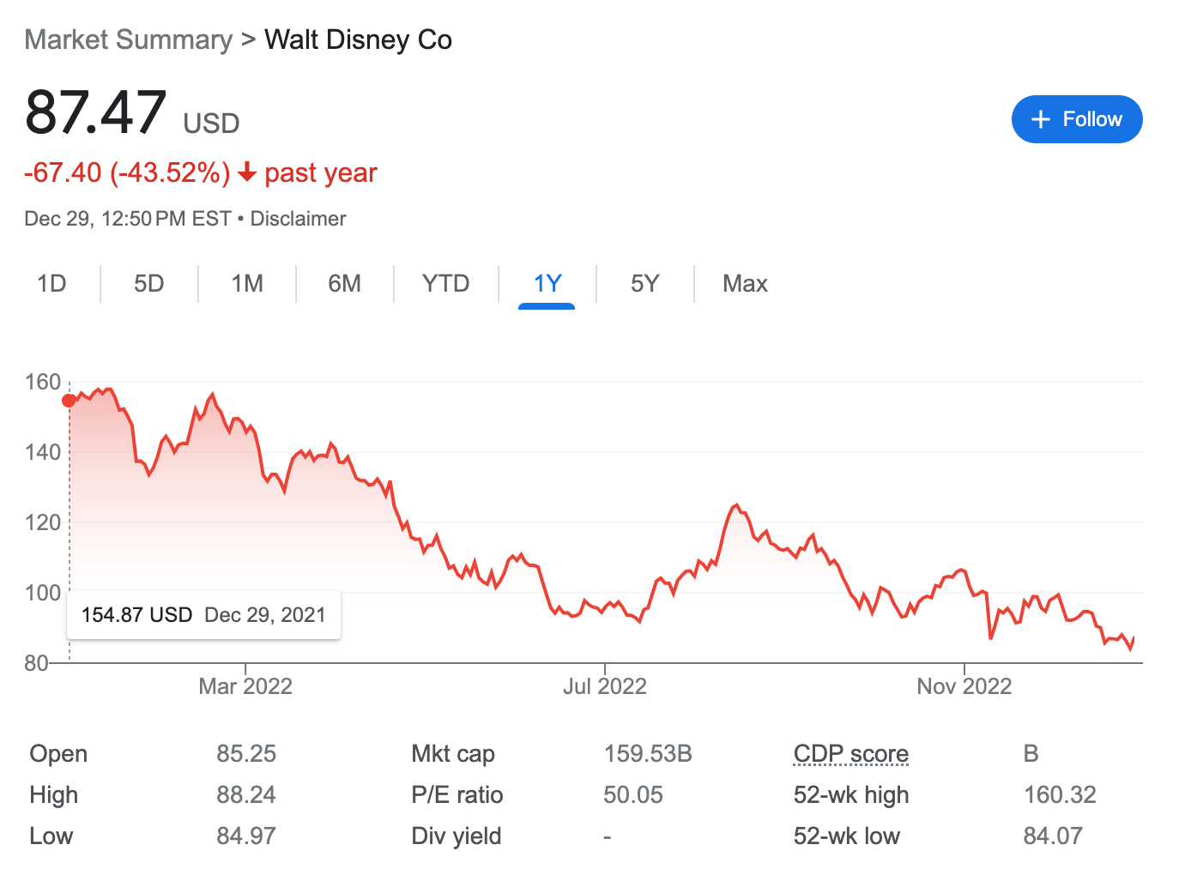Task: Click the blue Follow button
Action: (1076, 119)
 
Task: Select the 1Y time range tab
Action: (547, 284)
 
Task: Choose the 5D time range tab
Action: (148, 284)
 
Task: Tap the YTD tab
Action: (445, 284)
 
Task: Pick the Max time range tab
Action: (745, 284)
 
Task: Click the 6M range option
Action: (344, 284)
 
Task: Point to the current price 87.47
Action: (95, 112)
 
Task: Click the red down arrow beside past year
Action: (247, 173)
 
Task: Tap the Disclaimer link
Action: (298, 219)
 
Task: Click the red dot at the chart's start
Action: (69, 401)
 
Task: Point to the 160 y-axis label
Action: (42, 382)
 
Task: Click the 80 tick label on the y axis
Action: (35, 663)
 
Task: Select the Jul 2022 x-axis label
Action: (604, 686)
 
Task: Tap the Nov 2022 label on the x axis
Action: (964, 686)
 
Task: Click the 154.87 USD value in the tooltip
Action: (136, 615)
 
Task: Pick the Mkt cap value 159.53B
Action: (647, 754)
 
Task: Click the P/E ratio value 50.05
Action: (632, 795)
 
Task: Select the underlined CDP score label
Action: (850, 754)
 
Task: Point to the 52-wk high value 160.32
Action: (1060, 795)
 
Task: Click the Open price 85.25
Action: (246, 754)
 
